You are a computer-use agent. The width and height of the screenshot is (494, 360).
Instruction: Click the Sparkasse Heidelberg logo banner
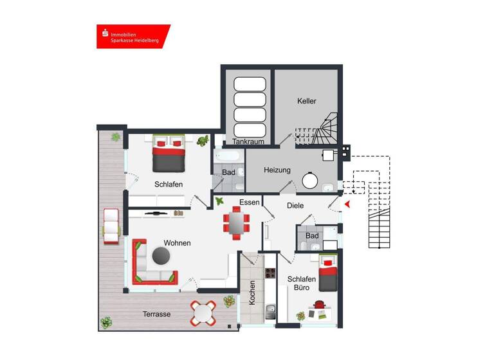click(x=133, y=37)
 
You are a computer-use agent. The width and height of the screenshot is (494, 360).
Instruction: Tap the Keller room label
click(x=307, y=102)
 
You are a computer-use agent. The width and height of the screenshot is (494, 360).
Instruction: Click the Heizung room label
click(x=277, y=170)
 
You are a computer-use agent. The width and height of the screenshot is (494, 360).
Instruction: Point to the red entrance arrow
click(x=347, y=204)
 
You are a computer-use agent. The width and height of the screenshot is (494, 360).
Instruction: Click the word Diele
click(x=295, y=206)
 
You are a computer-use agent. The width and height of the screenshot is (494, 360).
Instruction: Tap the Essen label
click(x=249, y=203)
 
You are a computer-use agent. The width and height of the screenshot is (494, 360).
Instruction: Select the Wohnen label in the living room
click(x=177, y=243)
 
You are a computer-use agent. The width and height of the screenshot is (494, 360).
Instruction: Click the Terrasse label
click(x=156, y=314)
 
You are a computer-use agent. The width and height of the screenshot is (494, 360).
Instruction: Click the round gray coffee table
click(x=160, y=257)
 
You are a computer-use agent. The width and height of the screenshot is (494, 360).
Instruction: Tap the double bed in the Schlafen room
click(x=169, y=154)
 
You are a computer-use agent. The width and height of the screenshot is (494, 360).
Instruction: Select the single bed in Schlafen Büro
click(x=328, y=274)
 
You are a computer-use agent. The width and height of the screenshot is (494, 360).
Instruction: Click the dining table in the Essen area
click(x=236, y=223)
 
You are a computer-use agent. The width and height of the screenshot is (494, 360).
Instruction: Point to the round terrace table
click(x=203, y=313)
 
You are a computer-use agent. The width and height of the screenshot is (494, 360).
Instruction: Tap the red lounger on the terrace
click(x=111, y=226)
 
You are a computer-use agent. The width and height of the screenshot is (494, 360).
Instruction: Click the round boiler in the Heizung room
click(x=311, y=181)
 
